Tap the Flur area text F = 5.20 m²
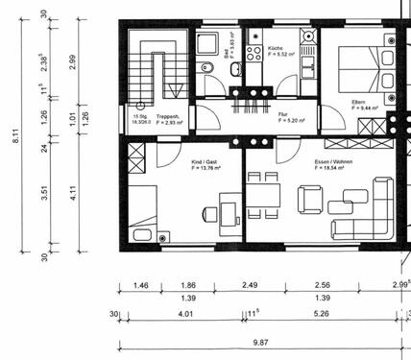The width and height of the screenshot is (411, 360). (291, 121)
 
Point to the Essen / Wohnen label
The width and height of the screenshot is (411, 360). (333, 162)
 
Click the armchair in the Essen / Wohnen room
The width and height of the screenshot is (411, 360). (310, 199)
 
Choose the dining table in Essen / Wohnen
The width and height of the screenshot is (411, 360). (263, 195)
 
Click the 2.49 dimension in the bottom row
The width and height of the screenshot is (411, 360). (251, 285)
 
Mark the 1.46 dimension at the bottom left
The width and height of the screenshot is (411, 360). (140, 285)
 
